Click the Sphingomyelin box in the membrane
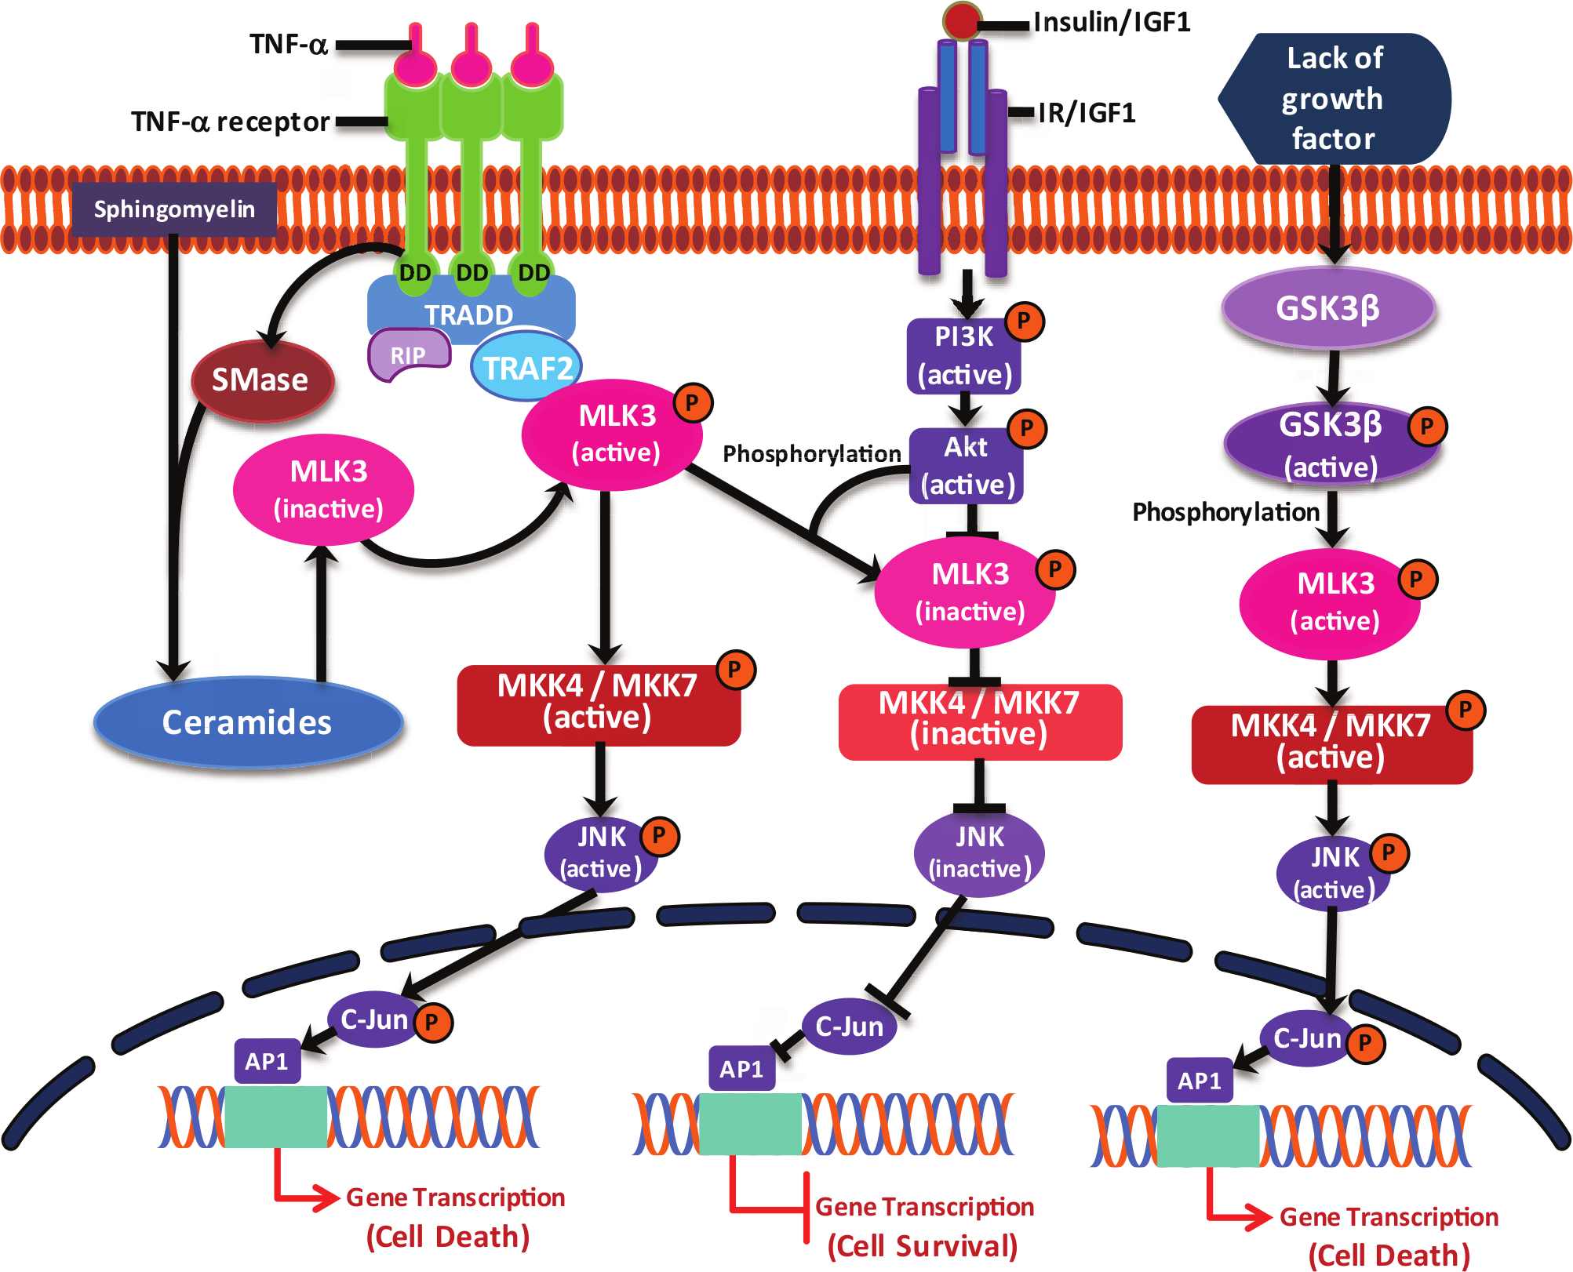(x=174, y=209)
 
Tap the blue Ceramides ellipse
(x=248, y=721)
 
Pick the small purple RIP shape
(x=408, y=354)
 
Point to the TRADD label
(x=469, y=315)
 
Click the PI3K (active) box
(x=964, y=356)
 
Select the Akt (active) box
(x=967, y=466)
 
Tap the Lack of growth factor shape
(x=1335, y=99)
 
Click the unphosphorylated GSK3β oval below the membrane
(x=1328, y=308)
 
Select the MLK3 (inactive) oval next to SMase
(x=324, y=489)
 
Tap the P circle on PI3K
(x=1025, y=321)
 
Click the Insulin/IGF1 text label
(x=1112, y=22)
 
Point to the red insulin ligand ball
(x=962, y=21)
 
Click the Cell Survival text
(x=923, y=1246)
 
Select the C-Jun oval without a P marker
(x=850, y=1026)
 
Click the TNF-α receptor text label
(x=231, y=122)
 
